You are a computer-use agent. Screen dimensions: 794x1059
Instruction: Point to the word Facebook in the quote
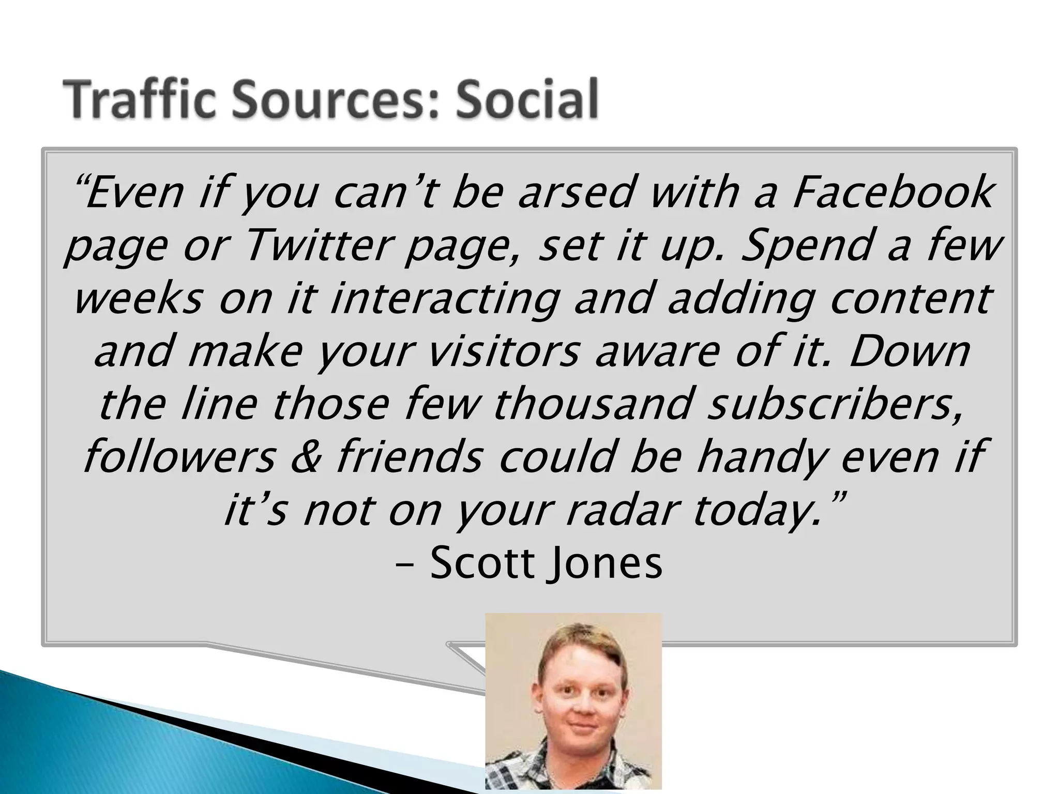pyautogui.click(x=891, y=192)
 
